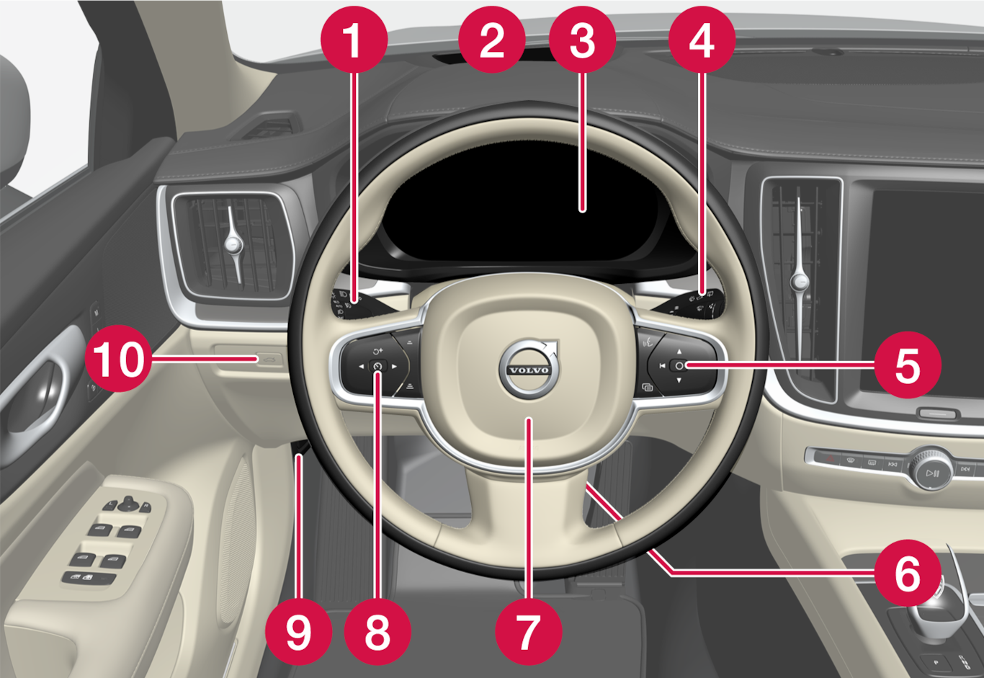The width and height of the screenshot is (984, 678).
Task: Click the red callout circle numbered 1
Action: pyautogui.click(x=354, y=40)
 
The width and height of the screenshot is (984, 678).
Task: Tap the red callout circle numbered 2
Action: pyautogui.click(x=492, y=40)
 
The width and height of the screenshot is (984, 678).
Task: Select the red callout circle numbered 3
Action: pyautogui.click(x=583, y=40)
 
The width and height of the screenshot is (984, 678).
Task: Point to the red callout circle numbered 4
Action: pyautogui.click(x=702, y=40)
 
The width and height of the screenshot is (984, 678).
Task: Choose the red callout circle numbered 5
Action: pyautogui.click(x=908, y=365)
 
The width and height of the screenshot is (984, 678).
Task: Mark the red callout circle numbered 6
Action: pyautogui.click(x=908, y=573)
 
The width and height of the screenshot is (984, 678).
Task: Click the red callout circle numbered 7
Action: pyautogui.click(x=529, y=632)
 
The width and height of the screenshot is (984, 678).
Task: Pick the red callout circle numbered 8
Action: pyautogui.click(x=377, y=632)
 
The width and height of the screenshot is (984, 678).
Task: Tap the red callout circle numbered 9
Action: pyautogui.click(x=299, y=632)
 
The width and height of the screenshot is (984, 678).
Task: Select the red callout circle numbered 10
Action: pyautogui.click(x=118, y=359)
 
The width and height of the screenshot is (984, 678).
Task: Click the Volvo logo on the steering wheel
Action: pyautogui.click(x=529, y=369)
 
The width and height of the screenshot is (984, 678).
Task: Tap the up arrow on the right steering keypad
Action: pyautogui.click(x=679, y=351)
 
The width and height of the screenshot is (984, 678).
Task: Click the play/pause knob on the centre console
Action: pyautogui.click(x=931, y=473)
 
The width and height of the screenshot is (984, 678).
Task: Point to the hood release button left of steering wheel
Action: pyautogui.click(x=269, y=360)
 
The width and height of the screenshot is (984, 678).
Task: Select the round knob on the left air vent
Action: pyautogui.click(x=233, y=243)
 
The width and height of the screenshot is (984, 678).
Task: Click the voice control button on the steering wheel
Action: pyautogui.click(x=647, y=342)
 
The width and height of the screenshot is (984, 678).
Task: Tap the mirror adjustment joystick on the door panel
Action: pyautogui.click(x=128, y=504)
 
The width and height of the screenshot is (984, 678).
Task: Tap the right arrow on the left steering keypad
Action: pyautogui.click(x=394, y=366)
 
